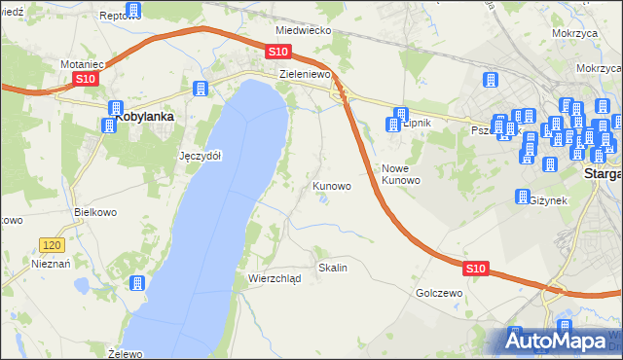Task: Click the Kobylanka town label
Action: tap(145, 117)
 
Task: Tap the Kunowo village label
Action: tap(332, 185)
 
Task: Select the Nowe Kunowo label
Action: tap(400, 174)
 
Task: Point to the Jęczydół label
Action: tap(201, 156)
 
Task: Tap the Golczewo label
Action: tap(437, 292)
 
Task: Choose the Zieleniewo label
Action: tap(306, 73)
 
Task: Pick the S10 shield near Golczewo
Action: tap(475, 268)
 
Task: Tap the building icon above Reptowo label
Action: tap(133, 11)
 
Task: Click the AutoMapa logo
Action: tap(562, 341)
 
